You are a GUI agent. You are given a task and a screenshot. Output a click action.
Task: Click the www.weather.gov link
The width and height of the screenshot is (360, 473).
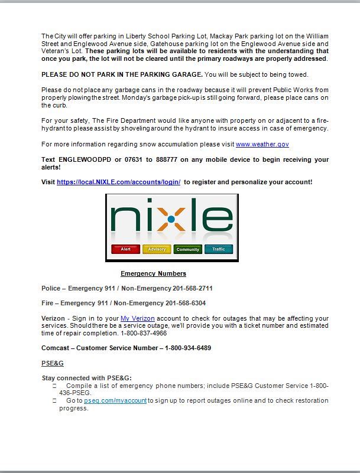[262, 145]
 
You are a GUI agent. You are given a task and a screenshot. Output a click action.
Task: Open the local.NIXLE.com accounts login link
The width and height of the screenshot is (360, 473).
[118, 182]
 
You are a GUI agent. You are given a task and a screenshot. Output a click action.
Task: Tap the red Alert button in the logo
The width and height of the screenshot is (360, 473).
[125, 249]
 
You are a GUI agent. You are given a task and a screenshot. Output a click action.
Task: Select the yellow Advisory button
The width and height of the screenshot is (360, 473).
[157, 249]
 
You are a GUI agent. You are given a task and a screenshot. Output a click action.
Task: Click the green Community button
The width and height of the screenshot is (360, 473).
[188, 249]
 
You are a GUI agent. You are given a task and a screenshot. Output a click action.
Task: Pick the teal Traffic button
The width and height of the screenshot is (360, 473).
[219, 249]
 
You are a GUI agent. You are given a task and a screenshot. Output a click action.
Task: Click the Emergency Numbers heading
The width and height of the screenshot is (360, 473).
[153, 273]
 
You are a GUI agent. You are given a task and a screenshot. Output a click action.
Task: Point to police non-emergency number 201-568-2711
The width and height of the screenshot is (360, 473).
[193, 289]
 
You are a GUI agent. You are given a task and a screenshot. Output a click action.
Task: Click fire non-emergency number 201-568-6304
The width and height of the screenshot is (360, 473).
[186, 304]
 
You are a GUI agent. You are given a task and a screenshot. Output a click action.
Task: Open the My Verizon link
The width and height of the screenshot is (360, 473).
[137, 319]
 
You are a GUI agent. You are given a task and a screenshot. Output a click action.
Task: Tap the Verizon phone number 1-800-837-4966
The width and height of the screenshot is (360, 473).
[144, 333]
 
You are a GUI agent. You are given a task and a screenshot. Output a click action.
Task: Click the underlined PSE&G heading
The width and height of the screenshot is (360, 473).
[52, 363]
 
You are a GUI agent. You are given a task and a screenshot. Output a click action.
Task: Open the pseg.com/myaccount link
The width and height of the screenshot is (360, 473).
[115, 401]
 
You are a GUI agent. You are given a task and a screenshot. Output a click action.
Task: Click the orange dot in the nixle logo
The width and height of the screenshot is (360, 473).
[171, 220]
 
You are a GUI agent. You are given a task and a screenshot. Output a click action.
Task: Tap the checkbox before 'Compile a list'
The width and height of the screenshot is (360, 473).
[54, 386]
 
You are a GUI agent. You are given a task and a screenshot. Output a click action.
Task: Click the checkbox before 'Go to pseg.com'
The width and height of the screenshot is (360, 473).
[54, 401]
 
